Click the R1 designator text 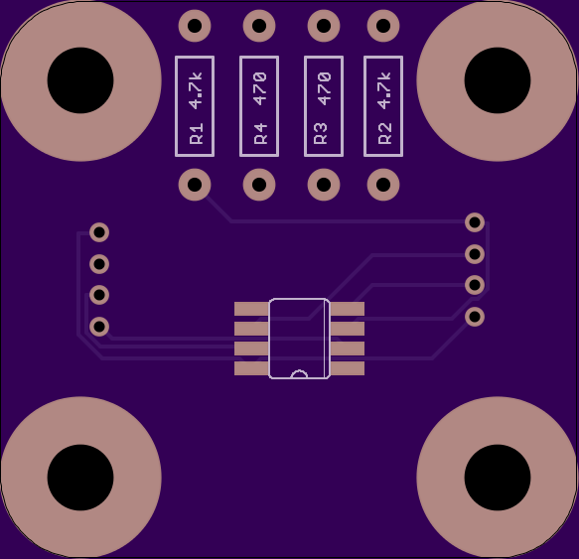196,133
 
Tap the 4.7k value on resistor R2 384,90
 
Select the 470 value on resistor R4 260,89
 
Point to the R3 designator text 320,133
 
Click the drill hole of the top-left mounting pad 80,80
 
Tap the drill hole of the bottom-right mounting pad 498,478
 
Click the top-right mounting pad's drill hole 498,80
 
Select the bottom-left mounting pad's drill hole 80,478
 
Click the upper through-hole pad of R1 195,26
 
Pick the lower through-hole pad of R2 383,185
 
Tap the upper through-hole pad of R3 324,26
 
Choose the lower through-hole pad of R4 259,185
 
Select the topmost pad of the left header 99,232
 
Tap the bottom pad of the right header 475,317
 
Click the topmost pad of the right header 475,222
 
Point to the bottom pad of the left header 99,327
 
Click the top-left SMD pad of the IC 252,309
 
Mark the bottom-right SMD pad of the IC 348,368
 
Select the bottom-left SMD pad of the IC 252,368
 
